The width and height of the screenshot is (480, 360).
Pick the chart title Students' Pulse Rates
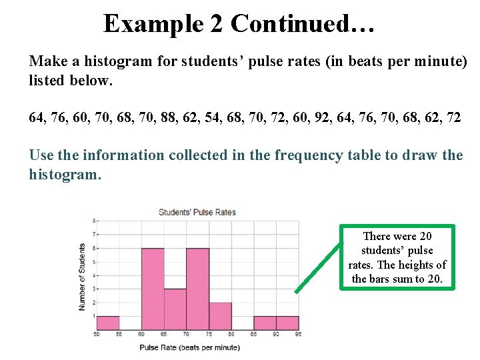pos(197,213)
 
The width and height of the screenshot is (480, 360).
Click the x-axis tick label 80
pos(231,334)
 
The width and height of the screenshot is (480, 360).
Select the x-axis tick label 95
pos(299,334)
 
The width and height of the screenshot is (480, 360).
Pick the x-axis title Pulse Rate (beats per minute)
pos(189,347)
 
